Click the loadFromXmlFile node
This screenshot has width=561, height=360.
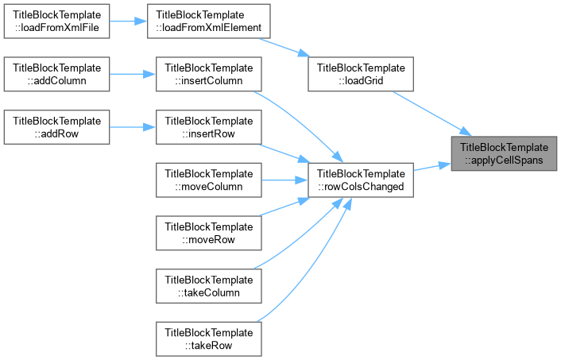coord(56,21)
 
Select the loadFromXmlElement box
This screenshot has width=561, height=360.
coord(208,21)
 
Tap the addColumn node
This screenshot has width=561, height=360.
coord(56,74)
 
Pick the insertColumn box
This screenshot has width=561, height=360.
coord(208,74)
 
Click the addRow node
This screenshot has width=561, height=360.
coord(56,127)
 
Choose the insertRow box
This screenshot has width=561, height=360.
coord(208,127)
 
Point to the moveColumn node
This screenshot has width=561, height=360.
coord(208,180)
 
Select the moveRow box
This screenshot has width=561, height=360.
coord(208,233)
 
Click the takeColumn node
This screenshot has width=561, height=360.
coord(208,286)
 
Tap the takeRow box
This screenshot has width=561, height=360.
coord(208,339)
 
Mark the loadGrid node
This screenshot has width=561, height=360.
coord(361,74)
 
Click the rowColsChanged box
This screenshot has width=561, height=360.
coord(361,180)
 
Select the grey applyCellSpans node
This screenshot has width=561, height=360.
coord(504,153)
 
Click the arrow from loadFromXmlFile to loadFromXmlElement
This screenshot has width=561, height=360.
coord(129,21)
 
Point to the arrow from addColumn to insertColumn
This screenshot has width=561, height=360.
coord(133,74)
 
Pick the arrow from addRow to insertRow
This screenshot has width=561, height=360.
coord(133,127)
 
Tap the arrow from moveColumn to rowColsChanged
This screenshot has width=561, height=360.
coord(284,180)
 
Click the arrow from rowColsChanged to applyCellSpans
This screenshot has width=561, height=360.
coord(432,167)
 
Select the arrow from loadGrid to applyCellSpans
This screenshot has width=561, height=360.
coord(432,114)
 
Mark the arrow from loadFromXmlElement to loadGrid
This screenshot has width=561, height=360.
coord(284,48)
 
